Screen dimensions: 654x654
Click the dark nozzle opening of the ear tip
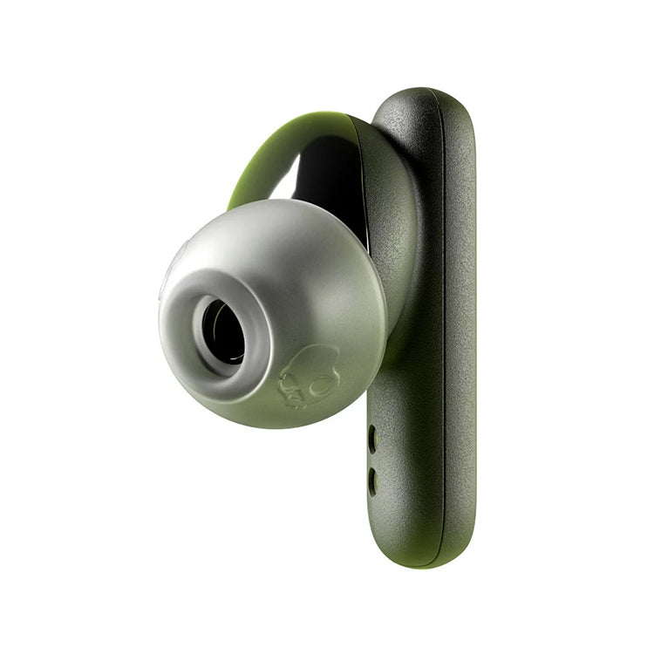point(224,332)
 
